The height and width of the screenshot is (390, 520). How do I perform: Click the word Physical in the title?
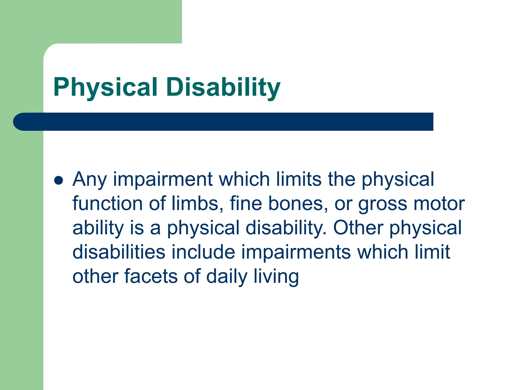(x=105, y=87)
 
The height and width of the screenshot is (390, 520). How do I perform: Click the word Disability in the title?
(x=223, y=87)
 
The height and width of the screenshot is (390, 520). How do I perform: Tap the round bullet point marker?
(x=59, y=180)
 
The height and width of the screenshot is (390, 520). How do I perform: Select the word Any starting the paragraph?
(x=89, y=180)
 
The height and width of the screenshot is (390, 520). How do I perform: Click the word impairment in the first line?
(x=162, y=180)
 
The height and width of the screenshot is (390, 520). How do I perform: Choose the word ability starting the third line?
(x=98, y=228)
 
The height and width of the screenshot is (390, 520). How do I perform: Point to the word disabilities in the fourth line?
(x=119, y=252)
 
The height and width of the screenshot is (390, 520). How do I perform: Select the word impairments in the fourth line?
(x=296, y=252)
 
